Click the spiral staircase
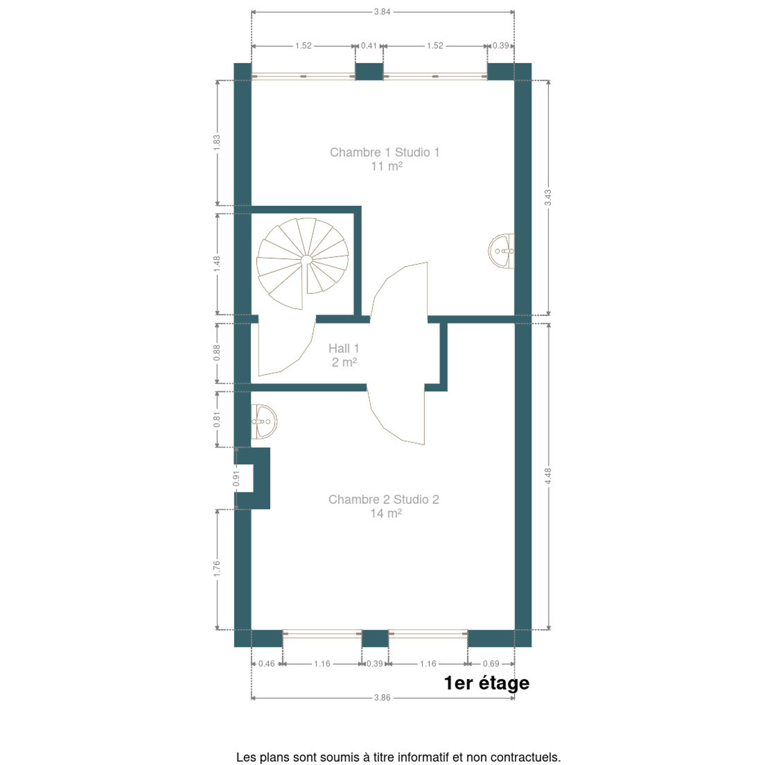[302, 263]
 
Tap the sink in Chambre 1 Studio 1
[501, 251]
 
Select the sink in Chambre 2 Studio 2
[264, 421]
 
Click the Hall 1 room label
[344, 348]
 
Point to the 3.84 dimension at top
[382, 12]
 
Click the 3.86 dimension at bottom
[382, 698]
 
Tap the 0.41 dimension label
[369, 46]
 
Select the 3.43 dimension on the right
[548, 198]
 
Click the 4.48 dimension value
[548, 476]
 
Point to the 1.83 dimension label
[217, 143]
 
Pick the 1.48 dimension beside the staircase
[217, 264]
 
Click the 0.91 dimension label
[236, 478]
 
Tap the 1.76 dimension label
[217, 569]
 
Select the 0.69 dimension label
[491, 664]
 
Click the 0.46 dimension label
[266, 664]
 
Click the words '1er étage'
[487, 683]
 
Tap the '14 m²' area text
[386, 513]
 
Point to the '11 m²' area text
[387, 166]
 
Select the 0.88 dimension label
[217, 353]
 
